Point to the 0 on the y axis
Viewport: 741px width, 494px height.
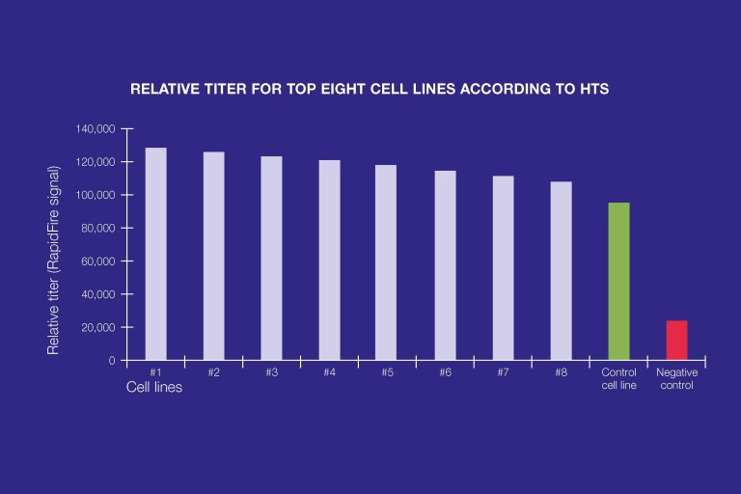(x=112, y=361)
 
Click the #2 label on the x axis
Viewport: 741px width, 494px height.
(x=213, y=371)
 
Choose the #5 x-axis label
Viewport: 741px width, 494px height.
(x=387, y=371)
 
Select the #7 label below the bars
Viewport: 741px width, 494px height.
(x=503, y=371)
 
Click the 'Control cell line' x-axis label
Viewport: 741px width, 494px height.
(x=618, y=378)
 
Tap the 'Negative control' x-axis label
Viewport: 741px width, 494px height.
(x=676, y=378)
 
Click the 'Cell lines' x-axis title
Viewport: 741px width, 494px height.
(x=154, y=388)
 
